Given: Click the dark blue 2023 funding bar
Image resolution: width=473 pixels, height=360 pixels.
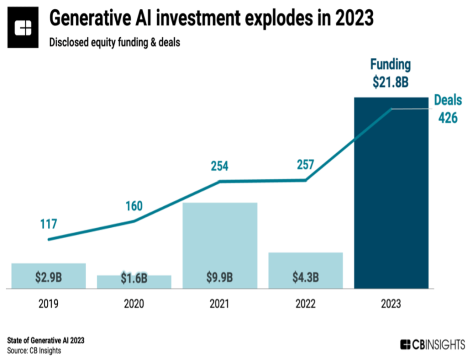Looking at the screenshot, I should [391, 193].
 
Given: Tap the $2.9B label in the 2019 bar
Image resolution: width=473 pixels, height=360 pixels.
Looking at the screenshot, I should [48, 277].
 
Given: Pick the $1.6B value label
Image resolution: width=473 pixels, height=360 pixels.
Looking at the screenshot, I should [134, 279].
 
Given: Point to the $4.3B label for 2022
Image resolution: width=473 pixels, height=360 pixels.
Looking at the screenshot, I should [305, 278].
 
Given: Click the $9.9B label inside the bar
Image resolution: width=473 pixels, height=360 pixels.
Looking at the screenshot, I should [220, 278].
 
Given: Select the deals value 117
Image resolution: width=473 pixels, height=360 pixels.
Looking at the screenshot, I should [48, 224].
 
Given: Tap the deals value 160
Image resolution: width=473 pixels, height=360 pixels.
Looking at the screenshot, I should [134, 205].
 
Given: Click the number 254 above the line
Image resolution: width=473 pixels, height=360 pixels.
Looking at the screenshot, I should [219, 166].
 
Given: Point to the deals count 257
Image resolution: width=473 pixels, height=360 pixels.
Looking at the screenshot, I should [305, 165].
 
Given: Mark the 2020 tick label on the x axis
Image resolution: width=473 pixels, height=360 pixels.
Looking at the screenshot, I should [134, 304].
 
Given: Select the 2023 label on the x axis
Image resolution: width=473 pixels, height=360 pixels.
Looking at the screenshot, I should [391, 304].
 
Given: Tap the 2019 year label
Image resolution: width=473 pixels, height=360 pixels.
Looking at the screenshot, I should [48, 304].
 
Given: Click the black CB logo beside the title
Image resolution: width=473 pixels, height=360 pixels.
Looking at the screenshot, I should [23, 29].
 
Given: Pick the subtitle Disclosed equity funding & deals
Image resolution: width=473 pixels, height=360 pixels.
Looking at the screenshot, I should [115, 43].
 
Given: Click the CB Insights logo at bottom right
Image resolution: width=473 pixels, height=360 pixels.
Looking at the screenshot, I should [432, 344].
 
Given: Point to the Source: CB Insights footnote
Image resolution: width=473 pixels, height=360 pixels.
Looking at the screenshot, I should [34, 351].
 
